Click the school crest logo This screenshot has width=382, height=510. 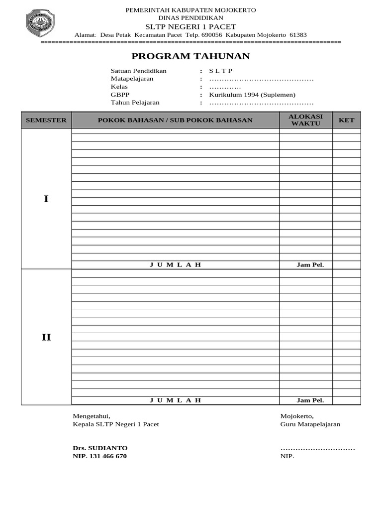pos(40,23)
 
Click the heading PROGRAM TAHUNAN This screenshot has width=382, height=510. pos(191,56)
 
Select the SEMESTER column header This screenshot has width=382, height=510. pos(46,120)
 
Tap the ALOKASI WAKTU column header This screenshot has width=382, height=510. pos(306,120)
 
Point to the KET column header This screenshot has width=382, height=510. pos(346,120)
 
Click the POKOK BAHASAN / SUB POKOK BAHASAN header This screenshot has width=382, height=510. pos(175,120)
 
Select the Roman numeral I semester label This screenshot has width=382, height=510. pos(46,199)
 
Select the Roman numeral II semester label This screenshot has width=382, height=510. pos(46,338)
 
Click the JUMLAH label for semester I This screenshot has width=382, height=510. pos(175,265)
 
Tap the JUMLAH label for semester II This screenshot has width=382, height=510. pos(175,400)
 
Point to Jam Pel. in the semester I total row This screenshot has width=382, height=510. pos(310,265)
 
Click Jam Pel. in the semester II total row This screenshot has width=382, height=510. pos(310,400)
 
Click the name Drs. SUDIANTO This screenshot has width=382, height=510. pos(100,448)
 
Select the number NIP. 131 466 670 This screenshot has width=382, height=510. pos(99,456)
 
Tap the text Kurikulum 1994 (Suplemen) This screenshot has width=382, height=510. pos(252,95)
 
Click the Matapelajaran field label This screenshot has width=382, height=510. pos(132,79)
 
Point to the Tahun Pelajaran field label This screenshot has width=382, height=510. pos(135,103)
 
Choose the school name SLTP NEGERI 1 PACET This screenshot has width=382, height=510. pos(191,26)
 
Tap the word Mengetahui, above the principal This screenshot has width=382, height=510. pos(92,416)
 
